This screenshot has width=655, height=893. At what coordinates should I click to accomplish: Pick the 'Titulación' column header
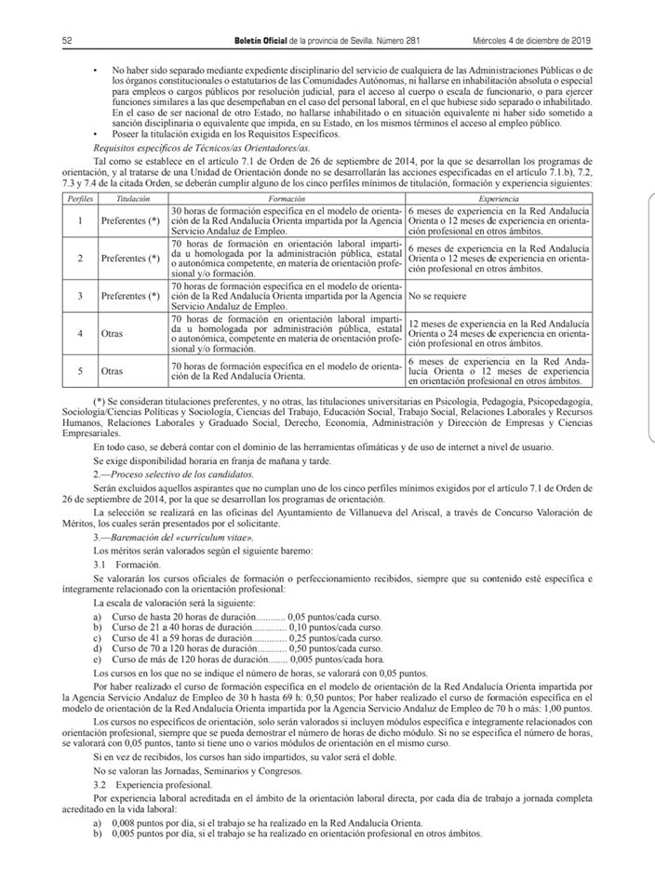click(x=133, y=198)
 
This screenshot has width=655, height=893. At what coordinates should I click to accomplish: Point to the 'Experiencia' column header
click(x=499, y=198)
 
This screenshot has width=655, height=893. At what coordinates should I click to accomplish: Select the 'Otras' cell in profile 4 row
click(x=113, y=332)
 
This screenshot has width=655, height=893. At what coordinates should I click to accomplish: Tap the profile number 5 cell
click(x=80, y=371)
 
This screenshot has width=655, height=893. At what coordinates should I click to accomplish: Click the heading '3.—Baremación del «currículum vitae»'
click(x=172, y=539)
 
